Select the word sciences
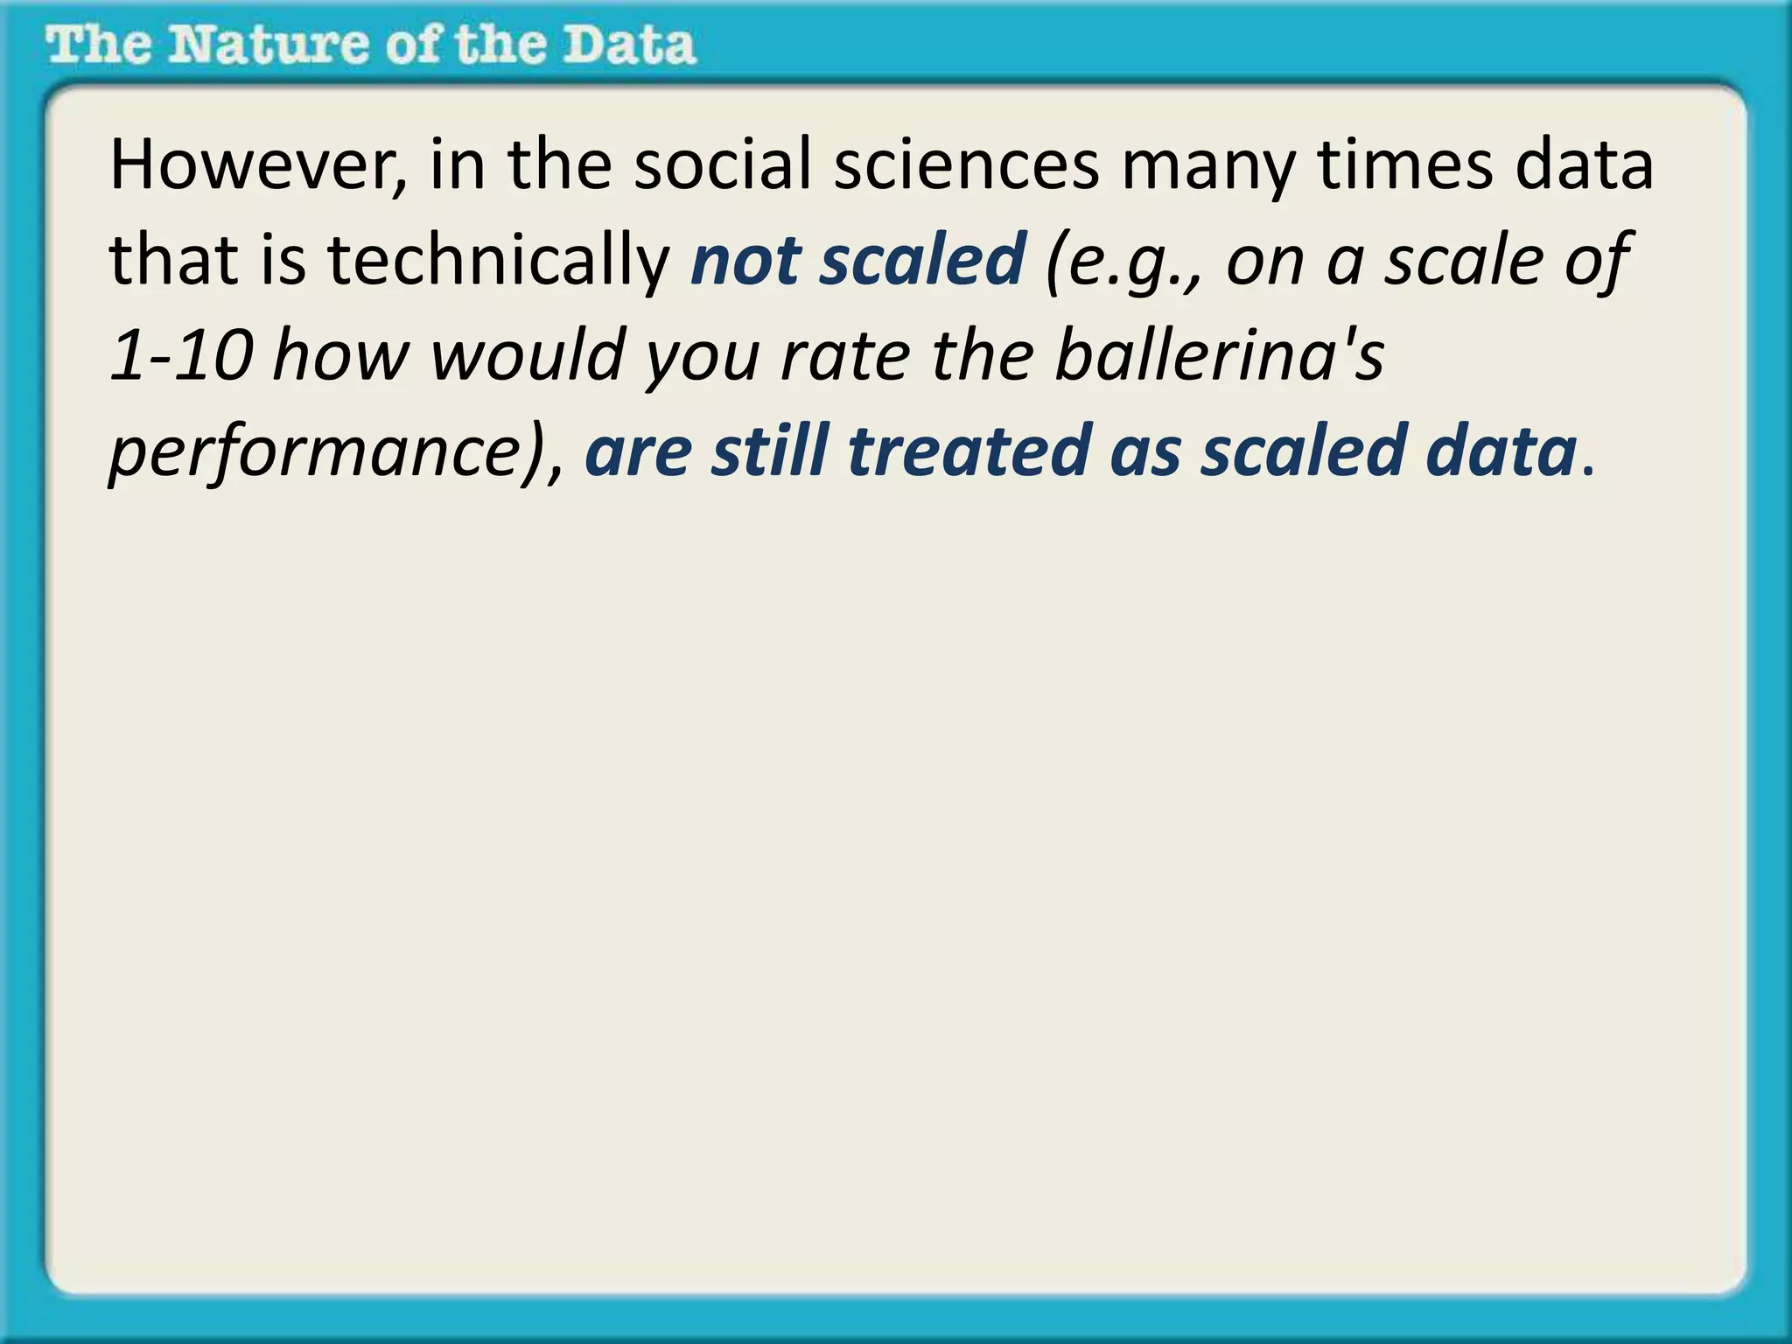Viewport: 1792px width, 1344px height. coord(966,166)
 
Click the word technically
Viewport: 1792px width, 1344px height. coord(498,261)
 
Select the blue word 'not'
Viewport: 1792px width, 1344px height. coord(744,261)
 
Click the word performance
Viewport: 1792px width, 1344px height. coord(315,452)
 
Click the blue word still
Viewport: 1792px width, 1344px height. coord(769,452)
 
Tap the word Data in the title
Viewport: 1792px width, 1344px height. coord(628,45)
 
